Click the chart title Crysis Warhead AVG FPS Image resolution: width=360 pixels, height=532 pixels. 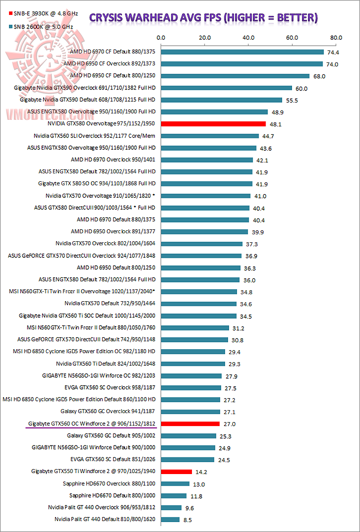[202, 18]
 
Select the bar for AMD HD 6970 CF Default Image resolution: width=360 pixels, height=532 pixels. [242, 52]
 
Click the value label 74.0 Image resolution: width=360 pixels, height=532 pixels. [333, 64]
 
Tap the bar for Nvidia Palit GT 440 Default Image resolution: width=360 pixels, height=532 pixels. [170, 520]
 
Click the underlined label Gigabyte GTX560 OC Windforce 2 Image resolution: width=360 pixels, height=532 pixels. [91, 424]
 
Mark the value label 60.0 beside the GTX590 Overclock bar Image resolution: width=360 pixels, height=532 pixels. [301, 88]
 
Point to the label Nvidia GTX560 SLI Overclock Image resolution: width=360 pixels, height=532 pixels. [95, 135]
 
